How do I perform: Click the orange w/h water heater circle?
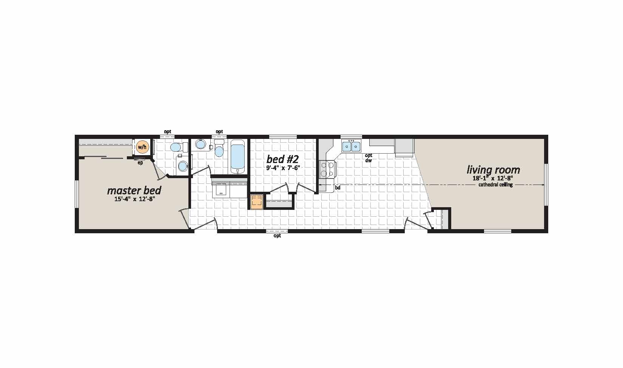(142, 146)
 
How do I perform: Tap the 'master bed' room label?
(134, 191)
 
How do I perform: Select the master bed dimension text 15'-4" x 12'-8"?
(135, 199)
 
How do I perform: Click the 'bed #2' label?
(282, 159)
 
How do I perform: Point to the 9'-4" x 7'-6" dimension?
(282, 168)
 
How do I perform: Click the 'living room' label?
(493, 170)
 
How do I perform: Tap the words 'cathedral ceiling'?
(495, 185)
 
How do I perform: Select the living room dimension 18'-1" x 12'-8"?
(493, 179)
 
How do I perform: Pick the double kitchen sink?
(352, 146)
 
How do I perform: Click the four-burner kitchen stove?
(327, 169)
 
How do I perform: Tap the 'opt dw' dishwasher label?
(369, 158)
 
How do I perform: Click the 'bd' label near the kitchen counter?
(338, 188)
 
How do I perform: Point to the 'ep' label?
(140, 163)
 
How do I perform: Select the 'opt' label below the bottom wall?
(277, 236)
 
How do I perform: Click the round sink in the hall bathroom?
(200, 144)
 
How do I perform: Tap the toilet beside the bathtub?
(219, 148)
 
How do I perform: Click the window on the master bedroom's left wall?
(77, 194)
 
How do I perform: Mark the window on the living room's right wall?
(546, 185)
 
